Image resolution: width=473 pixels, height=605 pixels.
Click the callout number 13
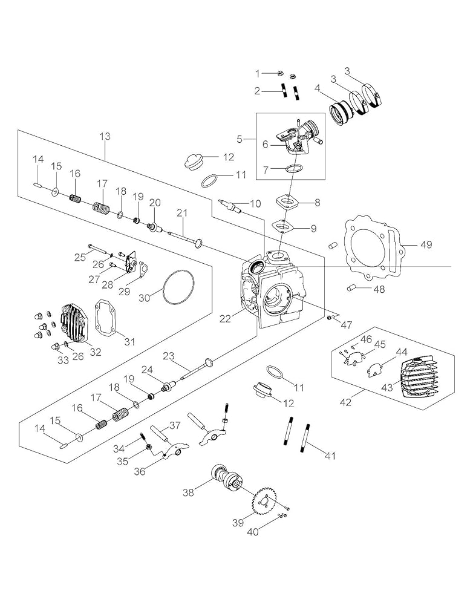105,137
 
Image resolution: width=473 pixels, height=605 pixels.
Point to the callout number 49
427,244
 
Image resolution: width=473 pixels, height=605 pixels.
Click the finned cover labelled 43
421,376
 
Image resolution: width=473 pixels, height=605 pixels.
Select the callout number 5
240,139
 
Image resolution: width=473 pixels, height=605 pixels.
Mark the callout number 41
330,455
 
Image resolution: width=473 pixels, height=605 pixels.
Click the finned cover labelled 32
72,322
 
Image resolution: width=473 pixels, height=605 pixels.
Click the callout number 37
175,425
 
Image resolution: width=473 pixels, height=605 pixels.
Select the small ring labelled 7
293,168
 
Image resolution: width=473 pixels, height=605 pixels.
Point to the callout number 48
379,289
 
